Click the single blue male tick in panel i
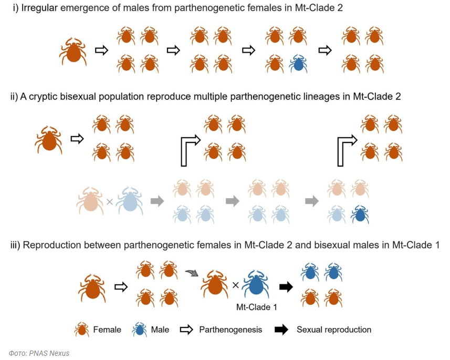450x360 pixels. coord(298,64)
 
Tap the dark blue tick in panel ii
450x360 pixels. coord(360,214)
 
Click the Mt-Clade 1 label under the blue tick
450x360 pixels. coord(257,307)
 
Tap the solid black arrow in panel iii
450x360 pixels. coord(286,286)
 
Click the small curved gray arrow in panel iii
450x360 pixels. coord(192,273)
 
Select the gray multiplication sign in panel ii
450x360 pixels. coord(110,202)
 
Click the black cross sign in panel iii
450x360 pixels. coord(236,285)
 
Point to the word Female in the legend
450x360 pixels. coord(107,330)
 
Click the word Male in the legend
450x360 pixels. coord(160,330)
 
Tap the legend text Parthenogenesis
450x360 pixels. coord(231,330)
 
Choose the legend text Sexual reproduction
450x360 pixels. coord(334,330)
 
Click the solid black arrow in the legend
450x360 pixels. coord(281,330)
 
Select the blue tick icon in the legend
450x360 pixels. coord(139,330)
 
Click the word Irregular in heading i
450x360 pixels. coord(39,8)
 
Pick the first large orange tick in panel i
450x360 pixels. coord(73,52)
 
